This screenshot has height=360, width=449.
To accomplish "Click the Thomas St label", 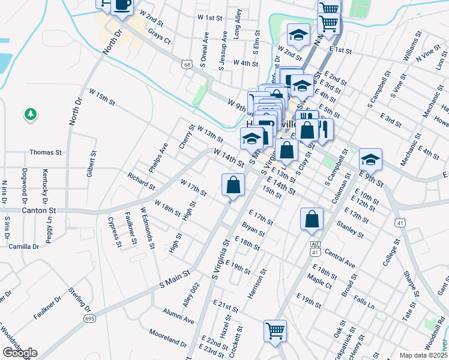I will (46, 153).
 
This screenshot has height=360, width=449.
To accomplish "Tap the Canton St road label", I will (38, 211).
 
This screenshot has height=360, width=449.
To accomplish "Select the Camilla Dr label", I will (23, 247).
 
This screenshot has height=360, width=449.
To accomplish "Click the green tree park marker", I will (29, 113).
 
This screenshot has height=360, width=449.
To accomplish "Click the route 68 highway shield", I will (188, 64).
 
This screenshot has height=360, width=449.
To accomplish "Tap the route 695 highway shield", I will (90, 318).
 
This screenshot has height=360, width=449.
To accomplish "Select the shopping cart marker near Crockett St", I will (275, 331).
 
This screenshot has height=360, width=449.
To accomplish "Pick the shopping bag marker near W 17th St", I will (233, 184).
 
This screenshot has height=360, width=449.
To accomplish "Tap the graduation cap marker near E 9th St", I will (370, 160).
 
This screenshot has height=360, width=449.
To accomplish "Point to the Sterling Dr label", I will (79, 299).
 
